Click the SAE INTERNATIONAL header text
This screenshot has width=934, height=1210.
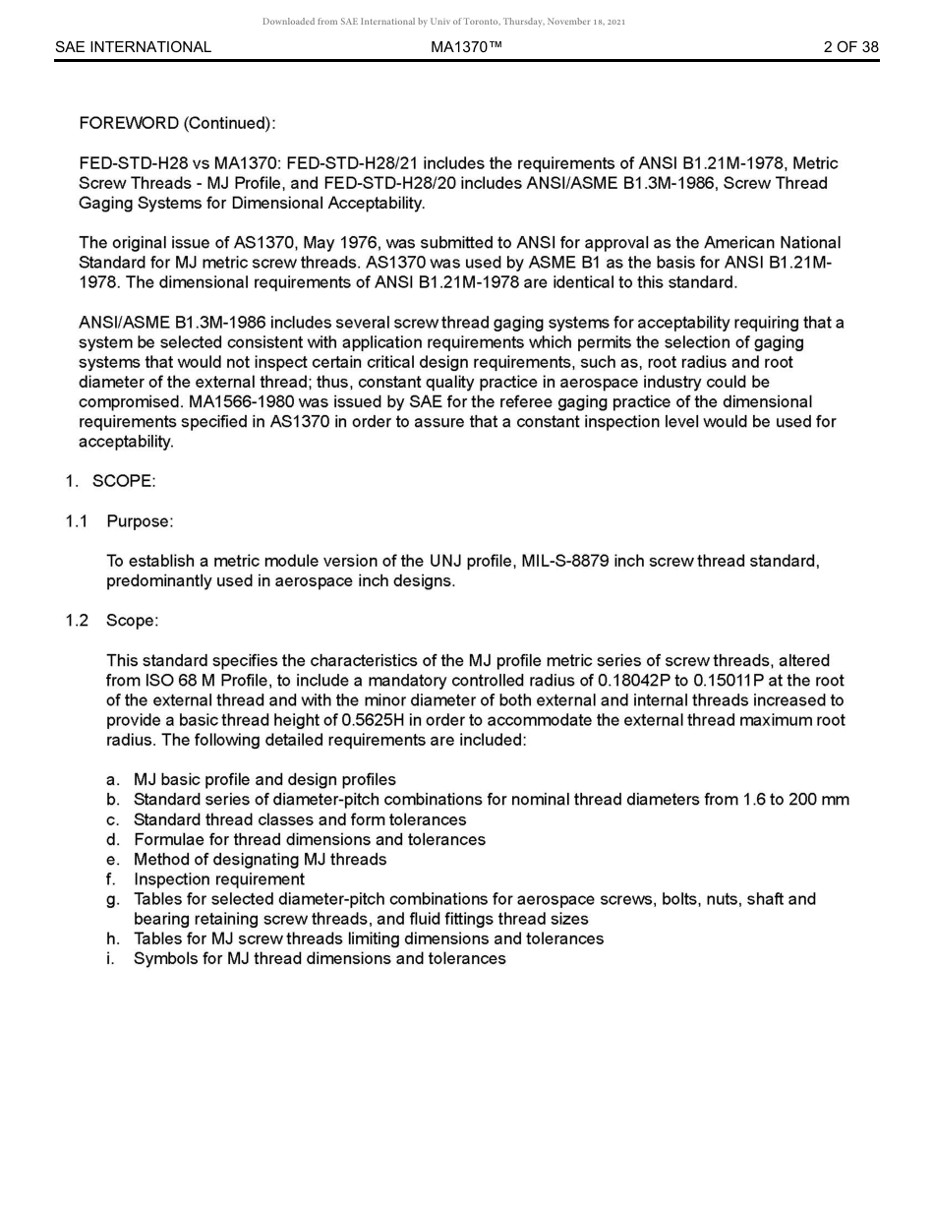pyautogui.click(x=133, y=47)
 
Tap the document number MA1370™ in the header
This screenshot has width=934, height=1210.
pyautogui.click(x=466, y=47)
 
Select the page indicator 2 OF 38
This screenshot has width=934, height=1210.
pyautogui.click(x=850, y=47)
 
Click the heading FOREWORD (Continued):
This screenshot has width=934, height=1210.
pyautogui.click(x=177, y=124)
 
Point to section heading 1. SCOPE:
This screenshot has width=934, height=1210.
pyautogui.click(x=111, y=482)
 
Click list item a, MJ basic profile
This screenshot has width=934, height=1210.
pyautogui.click(x=264, y=780)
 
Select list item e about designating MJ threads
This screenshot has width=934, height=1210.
pyautogui.click(x=260, y=860)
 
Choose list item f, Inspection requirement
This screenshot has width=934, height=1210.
pyautogui.click(x=218, y=879)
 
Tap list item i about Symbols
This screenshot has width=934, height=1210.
pyautogui.click(x=320, y=959)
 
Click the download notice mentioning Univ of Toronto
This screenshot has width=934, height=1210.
pyautogui.click(x=443, y=22)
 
